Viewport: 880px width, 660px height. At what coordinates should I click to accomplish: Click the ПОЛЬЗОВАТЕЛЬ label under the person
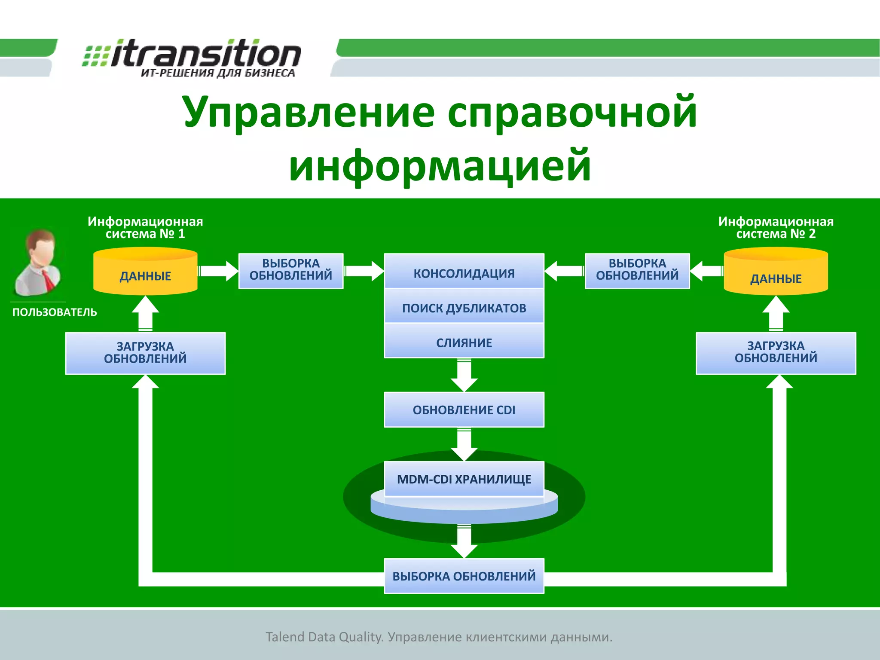pos(55,312)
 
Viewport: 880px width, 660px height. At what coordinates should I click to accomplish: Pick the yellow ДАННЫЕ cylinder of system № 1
pos(145,272)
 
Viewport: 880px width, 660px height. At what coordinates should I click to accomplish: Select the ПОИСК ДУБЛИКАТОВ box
pos(464,307)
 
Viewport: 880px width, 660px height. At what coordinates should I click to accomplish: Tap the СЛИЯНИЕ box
pos(464,342)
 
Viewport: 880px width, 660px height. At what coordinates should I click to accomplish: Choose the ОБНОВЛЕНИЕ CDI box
pos(464,409)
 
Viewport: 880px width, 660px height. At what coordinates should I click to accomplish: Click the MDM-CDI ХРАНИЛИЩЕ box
pos(464,479)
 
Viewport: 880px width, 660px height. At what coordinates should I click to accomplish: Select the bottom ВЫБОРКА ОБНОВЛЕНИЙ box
pos(464,576)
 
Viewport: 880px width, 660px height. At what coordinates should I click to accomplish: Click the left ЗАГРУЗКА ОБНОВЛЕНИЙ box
pos(145,352)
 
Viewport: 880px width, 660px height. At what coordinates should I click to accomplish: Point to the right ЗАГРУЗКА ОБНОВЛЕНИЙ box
pos(776,352)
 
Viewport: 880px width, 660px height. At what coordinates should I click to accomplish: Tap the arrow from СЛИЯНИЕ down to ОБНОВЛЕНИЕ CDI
pos(464,375)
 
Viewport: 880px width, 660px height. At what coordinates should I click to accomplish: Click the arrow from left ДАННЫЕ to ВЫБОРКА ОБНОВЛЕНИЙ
pos(218,271)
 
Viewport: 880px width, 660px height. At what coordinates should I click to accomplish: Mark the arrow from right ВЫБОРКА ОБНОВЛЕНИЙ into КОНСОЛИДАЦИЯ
pos(564,271)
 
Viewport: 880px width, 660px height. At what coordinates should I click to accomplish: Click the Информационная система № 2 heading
pos(776,227)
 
